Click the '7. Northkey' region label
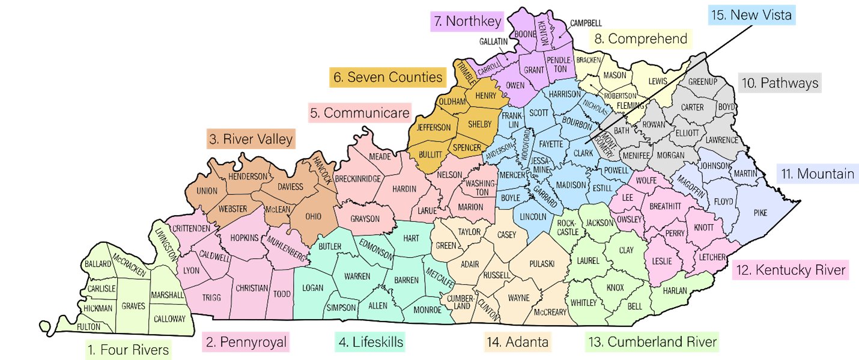(x=467, y=22)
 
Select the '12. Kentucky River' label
(x=791, y=269)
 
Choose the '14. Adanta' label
(x=518, y=342)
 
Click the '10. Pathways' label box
(x=779, y=83)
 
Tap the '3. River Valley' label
(x=250, y=139)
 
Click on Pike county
(x=760, y=212)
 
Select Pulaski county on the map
(x=541, y=264)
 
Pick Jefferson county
(x=433, y=127)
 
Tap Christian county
(x=252, y=288)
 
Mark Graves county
(x=133, y=306)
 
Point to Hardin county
(x=404, y=189)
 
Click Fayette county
(x=551, y=144)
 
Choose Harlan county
(x=675, y=291)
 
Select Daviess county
(x=290, y=186)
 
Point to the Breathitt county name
(x=664, y=206)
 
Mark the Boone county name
(x=525, y=34)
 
